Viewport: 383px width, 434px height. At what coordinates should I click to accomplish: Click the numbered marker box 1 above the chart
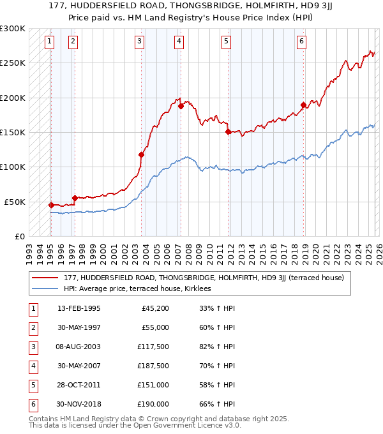click(50, 42)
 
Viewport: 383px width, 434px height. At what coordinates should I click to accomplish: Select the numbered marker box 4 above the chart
click(179, 42)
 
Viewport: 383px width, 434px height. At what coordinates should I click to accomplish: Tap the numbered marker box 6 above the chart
click(301, 42)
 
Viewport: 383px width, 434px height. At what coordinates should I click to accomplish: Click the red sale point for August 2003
click(141, 154)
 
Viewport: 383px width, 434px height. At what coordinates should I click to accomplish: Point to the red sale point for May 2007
click(181, 106)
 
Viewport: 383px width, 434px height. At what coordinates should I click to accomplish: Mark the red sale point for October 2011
click(227, 131)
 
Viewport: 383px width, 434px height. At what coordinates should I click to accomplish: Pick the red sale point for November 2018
click(303, 105)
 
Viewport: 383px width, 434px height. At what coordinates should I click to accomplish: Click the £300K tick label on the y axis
click(13, 29)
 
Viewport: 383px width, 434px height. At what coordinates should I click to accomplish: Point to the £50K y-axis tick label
click(15, 202)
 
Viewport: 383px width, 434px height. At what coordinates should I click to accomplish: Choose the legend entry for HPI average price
click(141, 288)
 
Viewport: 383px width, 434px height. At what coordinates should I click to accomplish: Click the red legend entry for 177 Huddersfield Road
click(204, 278)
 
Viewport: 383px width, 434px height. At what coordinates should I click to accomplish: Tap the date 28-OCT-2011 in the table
click(79, 385)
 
